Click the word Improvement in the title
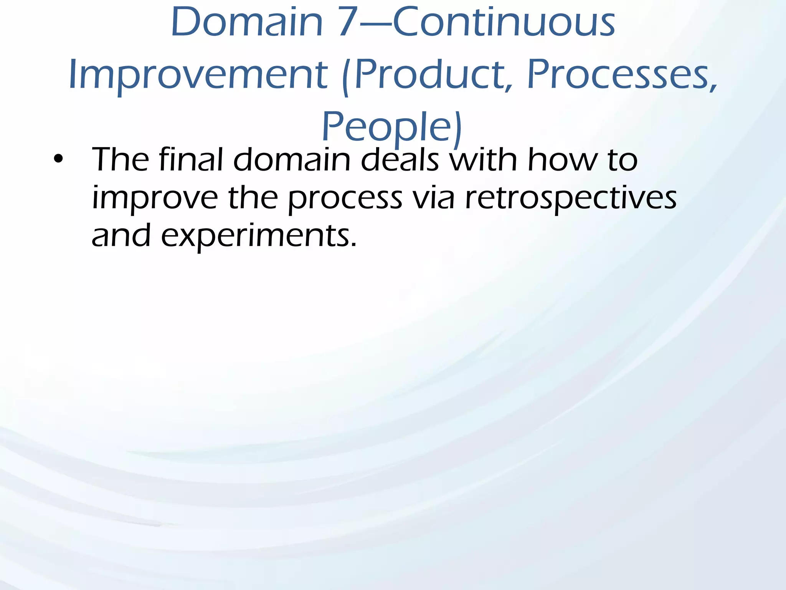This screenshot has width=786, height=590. tap(198, 75)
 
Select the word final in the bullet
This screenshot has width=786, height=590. tap(191, 159)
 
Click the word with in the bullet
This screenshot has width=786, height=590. tap(483, 159)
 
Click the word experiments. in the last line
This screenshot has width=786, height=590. tap(259, 236)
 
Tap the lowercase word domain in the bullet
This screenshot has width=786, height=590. tap(292, 159)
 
